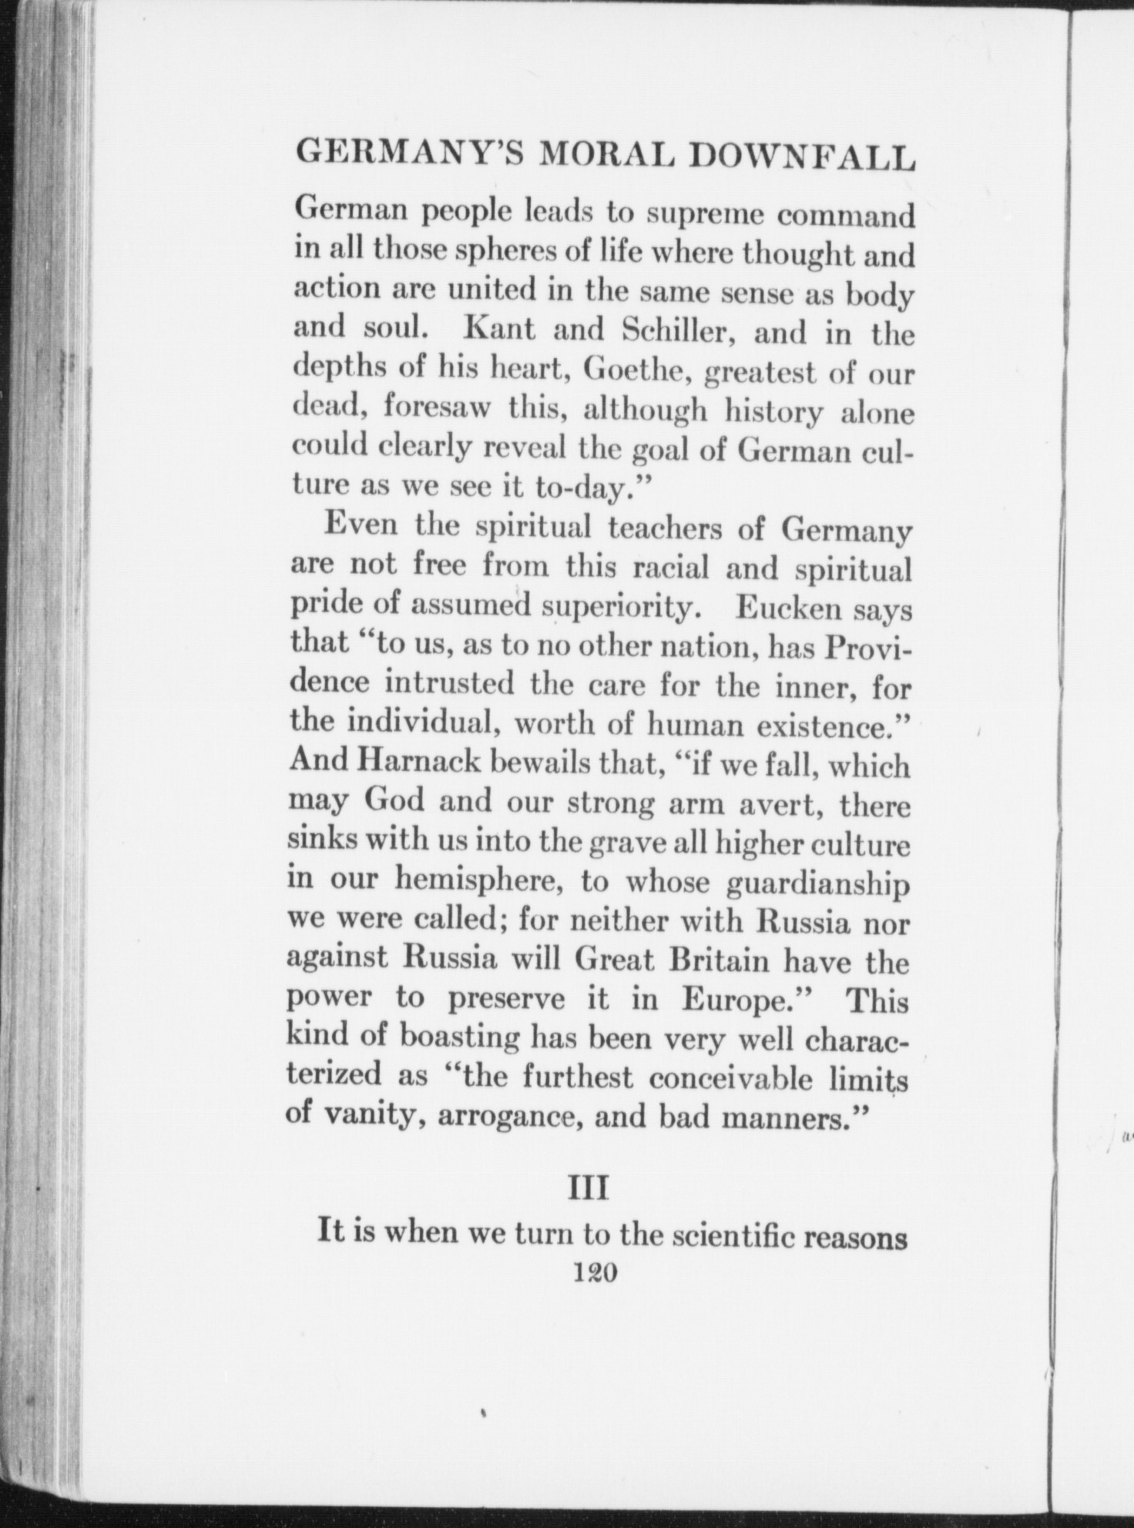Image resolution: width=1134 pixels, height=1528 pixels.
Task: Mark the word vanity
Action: [x=373, y=1115]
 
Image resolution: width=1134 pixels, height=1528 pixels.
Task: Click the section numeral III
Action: [x=588, y=1189]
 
